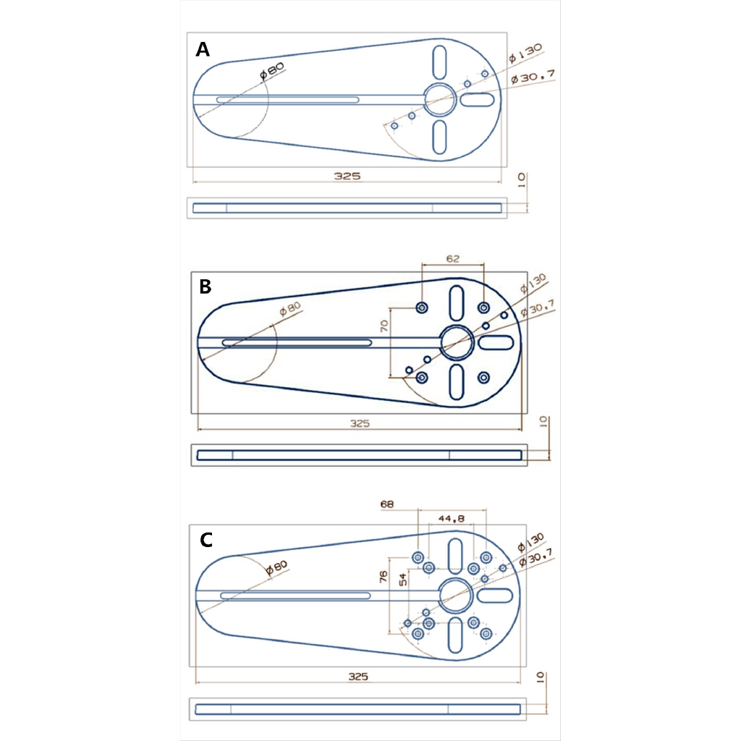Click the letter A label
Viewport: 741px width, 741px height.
point(203,50)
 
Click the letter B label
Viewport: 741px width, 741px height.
point(206,287)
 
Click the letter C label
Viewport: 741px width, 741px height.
point(206,540)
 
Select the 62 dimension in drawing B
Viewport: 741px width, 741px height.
point(453,258)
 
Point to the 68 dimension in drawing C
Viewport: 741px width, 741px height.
point(387,504)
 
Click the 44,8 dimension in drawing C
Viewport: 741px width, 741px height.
point(451,519)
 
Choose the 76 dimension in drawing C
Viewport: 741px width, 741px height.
point(384,577)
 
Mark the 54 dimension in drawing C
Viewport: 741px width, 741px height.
point(402,578)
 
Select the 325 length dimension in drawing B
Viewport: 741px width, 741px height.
point(360,423)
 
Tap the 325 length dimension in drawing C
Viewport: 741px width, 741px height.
point(358,677)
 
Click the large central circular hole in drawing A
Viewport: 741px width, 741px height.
point(439,99)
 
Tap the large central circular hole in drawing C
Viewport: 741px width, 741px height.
point(456,594)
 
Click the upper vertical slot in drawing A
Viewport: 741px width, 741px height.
point(439,62)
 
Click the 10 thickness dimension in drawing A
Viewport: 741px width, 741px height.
point(523,181)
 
